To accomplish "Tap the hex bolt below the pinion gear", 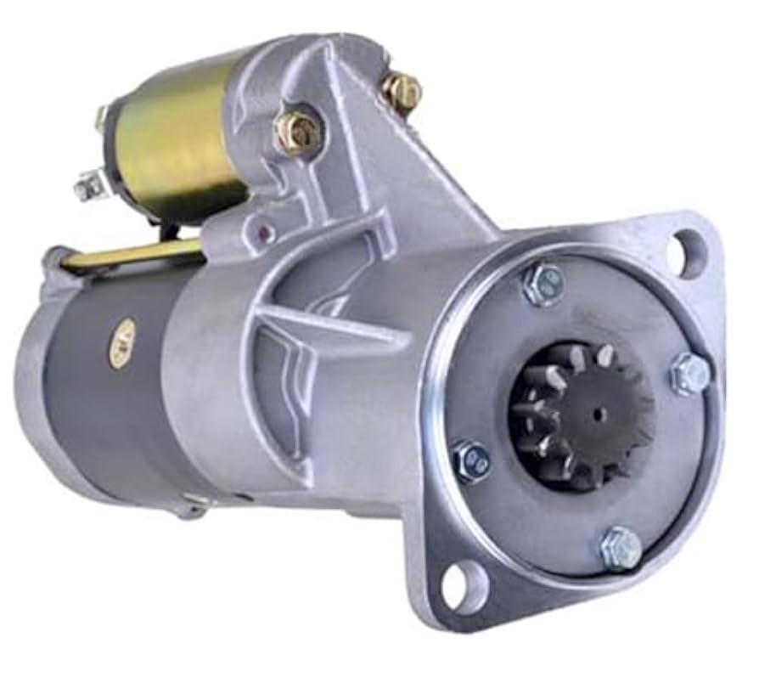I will pos(621,548).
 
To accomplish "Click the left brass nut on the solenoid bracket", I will pos(298,132).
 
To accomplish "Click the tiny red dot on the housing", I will pos(264,230).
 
